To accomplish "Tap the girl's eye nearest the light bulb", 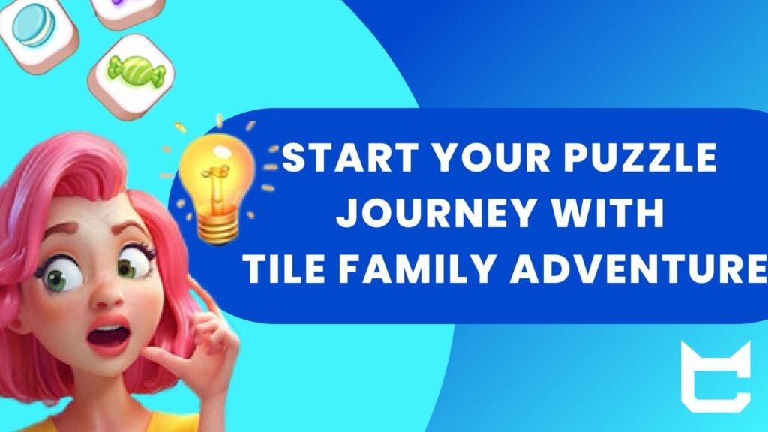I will tap(134, 265).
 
